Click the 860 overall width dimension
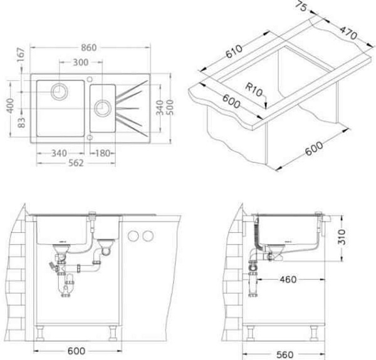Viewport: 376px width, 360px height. pyautogui.click(x=89, y=48)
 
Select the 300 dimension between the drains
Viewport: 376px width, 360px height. pyautogui.click(x=81, y=62)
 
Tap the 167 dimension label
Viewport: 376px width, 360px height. pyautogui.click(x=21, y=55)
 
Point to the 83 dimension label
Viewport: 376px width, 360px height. pyautogui.click(x=21, y=122)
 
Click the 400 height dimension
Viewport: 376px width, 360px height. pyautogui.click(x=10, y=105)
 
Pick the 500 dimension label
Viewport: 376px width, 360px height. pyautogui.click(x=170, y=107)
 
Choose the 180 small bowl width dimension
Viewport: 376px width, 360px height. pyautogui.click(x=103, y=153)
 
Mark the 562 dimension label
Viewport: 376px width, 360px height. pyautogui.click(x=76, y=163)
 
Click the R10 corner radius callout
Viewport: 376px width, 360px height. pyautogui.click(x=254, y=90)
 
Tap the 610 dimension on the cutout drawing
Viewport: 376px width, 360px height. pyautogui.click(x=234, y=51)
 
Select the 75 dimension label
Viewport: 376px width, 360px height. pyautogui.click(x=301, y=6)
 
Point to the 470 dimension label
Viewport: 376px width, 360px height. pyautogui.click(x=348, y=33)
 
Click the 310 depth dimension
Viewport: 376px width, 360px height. pyautogui.click(x=342, y=237)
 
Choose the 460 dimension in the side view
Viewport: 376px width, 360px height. pyautogui.click(x=288, y=279)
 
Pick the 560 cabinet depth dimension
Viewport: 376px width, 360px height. pyautogui.click(x=285, y=354)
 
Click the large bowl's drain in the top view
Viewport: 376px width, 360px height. pyautogui.click(x=60, y=92)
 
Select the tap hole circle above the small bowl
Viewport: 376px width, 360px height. pyautogui.click(x=90, y=79)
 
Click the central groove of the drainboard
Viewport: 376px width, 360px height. pyautogui.click(x=128, y=109)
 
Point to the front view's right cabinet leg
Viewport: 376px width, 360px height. pyautogui.click(x=113, y=333)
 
